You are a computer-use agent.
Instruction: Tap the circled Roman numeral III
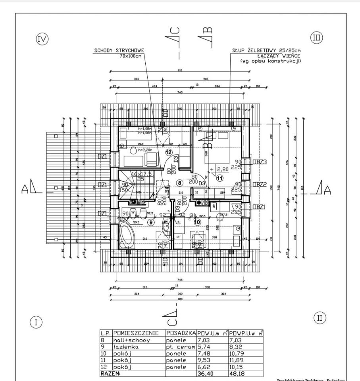[316, 38]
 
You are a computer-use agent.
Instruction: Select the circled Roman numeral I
[36, 322]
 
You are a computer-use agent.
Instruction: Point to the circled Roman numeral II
[320, 317]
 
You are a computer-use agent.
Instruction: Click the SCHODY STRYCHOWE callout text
[119, 51]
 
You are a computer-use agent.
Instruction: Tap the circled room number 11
[219, 178]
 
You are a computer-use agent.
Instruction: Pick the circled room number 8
[180, 183]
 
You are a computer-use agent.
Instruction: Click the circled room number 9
[150, 222]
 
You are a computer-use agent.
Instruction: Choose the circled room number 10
[197, 222]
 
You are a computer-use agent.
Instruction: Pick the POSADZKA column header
[181, 333]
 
